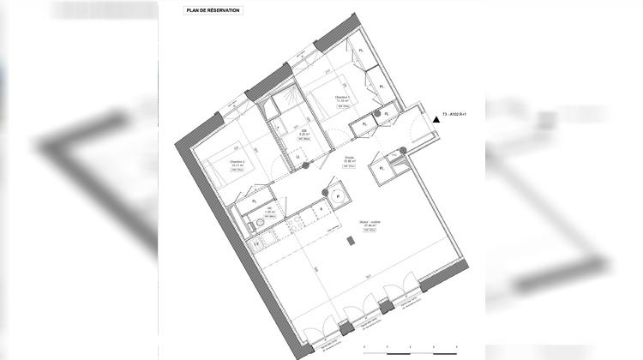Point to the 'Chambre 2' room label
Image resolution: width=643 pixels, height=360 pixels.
click(x=237, y=162)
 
